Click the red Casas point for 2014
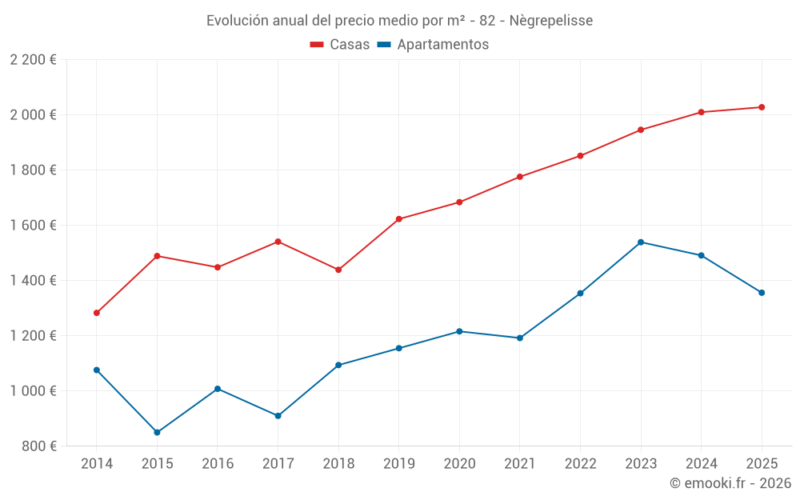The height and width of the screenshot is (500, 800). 97,313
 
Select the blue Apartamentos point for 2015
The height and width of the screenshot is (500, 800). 157,432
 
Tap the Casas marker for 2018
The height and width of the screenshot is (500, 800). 338,270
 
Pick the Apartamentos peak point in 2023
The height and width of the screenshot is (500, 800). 641,242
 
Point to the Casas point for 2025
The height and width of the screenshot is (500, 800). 762,107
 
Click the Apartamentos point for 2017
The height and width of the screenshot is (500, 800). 278,416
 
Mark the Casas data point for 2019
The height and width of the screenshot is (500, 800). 399,218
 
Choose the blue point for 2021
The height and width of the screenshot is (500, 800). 520,338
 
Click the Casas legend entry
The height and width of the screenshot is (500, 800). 340,45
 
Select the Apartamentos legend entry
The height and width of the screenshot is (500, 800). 433,45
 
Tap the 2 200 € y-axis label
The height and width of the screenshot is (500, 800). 33,60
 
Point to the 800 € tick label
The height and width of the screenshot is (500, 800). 38,446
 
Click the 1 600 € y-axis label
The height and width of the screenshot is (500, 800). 33,226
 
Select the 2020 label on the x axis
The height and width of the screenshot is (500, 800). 459,464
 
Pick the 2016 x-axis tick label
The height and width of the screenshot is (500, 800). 218,464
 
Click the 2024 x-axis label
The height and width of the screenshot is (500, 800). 701,464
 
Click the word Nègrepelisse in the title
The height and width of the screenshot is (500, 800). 551,21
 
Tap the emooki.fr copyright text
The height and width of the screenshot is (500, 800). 730,483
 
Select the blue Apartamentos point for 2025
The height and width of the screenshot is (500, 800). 762,293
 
